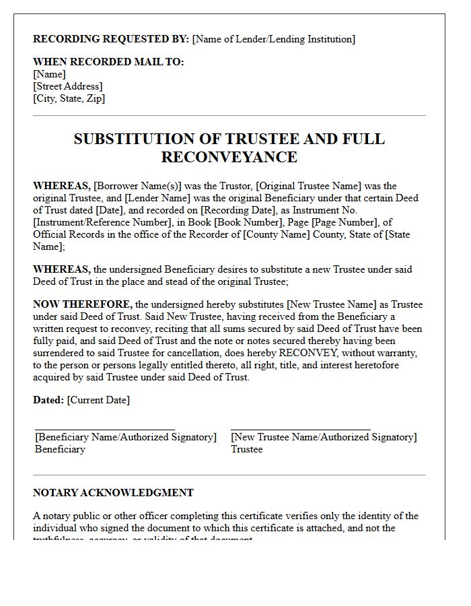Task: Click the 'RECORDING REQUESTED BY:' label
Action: click(x=111, y=39)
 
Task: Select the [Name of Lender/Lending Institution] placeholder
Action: click(x=274, y=39)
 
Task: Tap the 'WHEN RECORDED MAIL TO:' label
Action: click(x=108, y=62)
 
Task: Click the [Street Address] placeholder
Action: click(x=68, y=86)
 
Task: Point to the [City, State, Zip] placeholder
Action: click(x=69, y=98)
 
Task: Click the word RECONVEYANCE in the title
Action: click(x=229, y=157)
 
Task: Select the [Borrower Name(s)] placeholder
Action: click(x=139, y=186)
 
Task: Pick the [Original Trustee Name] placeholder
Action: click(x=310, y=186)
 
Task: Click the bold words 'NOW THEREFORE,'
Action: click(x=83, y=304)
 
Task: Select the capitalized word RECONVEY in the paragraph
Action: click(x=301, y=353)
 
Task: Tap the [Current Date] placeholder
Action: click(x=98, y=400)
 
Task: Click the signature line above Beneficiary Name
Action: click(x=105, y=429)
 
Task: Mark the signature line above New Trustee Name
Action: click(x=301, y=429)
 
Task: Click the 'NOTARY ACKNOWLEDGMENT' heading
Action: click(x=113, y=493)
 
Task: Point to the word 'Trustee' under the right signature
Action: click(x=247, y=449)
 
